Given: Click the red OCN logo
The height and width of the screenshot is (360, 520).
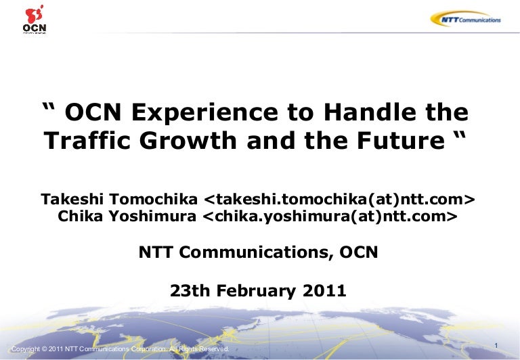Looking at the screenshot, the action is point(35,19).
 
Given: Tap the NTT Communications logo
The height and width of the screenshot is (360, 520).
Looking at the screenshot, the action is point(466,19).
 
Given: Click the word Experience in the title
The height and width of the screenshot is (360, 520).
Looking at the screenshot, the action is point(204,113).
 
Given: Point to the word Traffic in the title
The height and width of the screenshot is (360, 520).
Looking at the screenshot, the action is point(87,140).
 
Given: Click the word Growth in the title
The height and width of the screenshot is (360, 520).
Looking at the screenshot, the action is point(188,141).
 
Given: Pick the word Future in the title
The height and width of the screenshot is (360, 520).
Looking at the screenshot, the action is point(401,141).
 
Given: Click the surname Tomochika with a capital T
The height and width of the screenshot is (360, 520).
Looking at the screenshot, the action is point(153,199).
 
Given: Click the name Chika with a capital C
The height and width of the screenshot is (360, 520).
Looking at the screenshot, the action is point(81,216).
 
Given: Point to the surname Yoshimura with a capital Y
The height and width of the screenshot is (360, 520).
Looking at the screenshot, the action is point(152,216).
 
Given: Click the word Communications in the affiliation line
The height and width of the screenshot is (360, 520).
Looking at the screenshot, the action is point(256,252).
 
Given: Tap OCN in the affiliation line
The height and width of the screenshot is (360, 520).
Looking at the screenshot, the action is point(359,252).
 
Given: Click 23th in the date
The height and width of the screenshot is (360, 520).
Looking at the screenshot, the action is point(190,291).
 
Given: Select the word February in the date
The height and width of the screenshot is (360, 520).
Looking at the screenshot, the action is point(256,291).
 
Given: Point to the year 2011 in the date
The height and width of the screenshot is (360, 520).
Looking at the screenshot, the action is point(324,291).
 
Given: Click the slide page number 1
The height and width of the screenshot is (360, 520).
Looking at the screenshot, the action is point(496,346).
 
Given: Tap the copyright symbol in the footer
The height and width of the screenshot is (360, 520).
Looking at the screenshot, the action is point(45,349).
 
